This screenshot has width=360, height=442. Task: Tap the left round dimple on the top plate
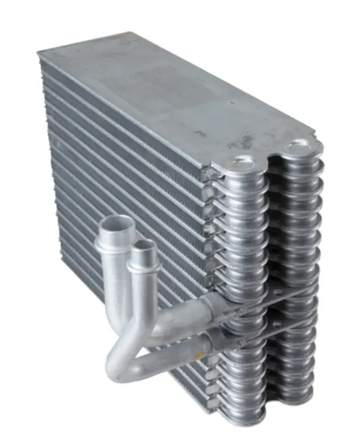243,161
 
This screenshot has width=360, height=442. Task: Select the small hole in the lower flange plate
275,326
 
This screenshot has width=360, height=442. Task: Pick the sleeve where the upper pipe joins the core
214,306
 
